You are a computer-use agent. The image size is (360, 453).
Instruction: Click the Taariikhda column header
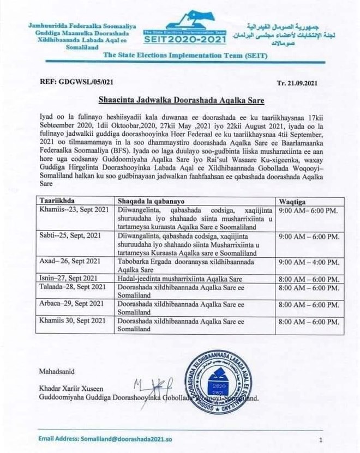57,201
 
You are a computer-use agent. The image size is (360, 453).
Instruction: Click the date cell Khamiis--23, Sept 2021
71,209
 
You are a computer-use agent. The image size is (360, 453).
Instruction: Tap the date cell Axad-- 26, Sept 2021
69,262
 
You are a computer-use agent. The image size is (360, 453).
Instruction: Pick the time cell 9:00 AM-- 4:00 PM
309,262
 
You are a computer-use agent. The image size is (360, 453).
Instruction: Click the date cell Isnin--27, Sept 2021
69,279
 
